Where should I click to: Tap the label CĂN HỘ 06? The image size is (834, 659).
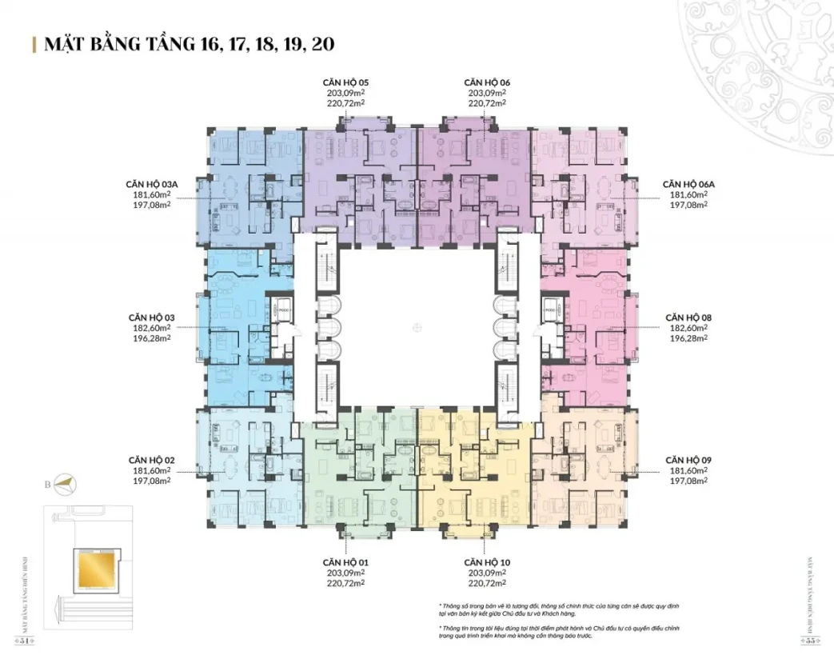(487, 82)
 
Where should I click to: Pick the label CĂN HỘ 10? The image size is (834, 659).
(487, 562)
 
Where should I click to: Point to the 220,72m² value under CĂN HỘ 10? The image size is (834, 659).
(487, 583)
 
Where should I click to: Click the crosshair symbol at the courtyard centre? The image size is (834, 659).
(416, 326)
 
